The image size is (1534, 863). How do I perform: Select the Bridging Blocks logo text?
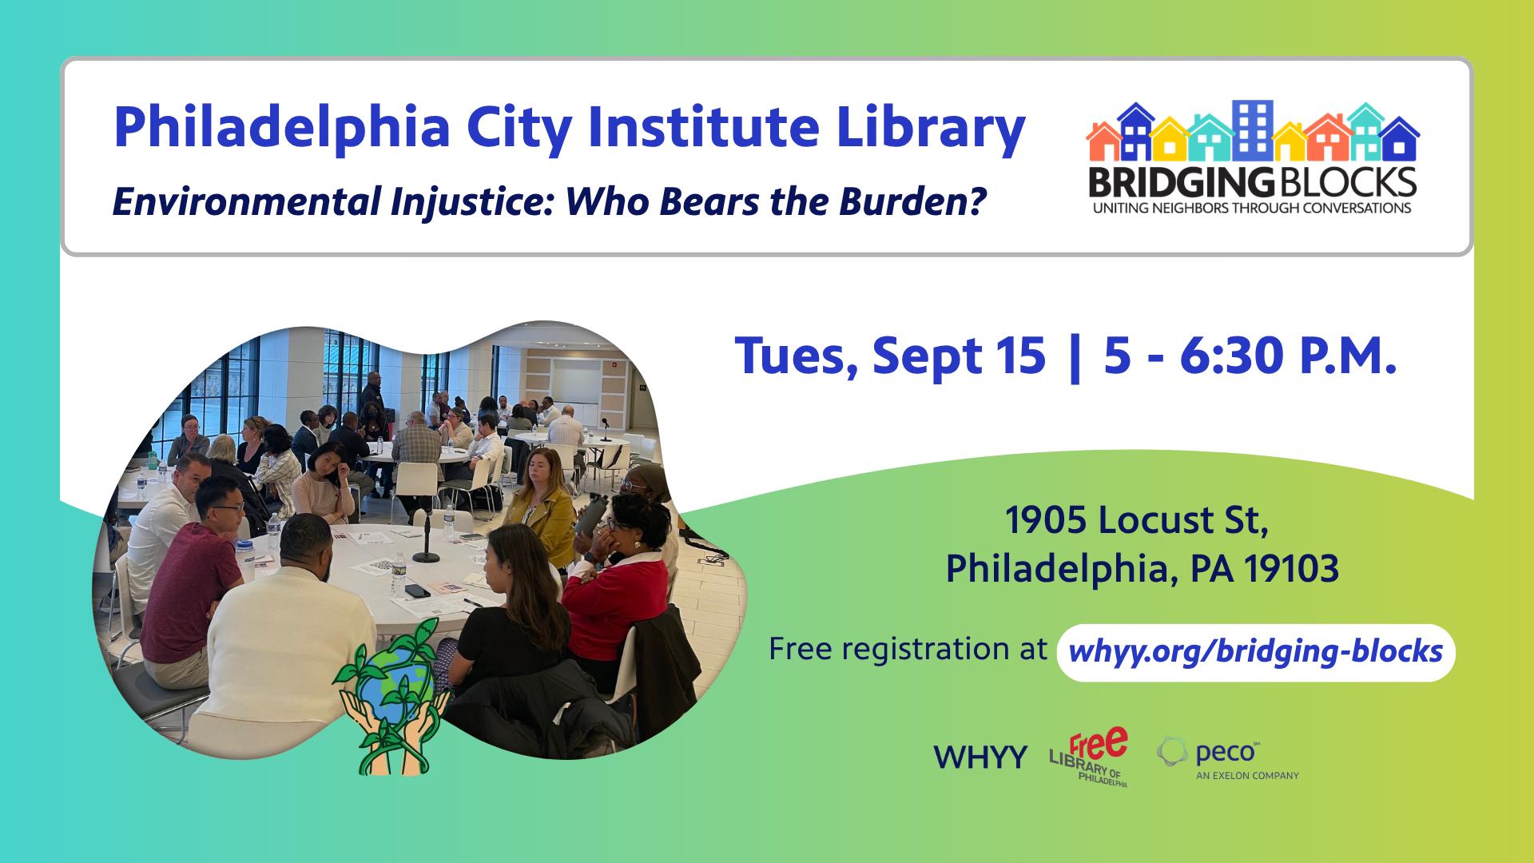pos(1251,182)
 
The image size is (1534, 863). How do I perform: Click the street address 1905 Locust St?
pos(1137,521)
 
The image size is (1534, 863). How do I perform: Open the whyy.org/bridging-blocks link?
pos(1255,652)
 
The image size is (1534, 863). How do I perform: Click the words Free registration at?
pos(908,649)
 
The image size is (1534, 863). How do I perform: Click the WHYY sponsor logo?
pos(980,758)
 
